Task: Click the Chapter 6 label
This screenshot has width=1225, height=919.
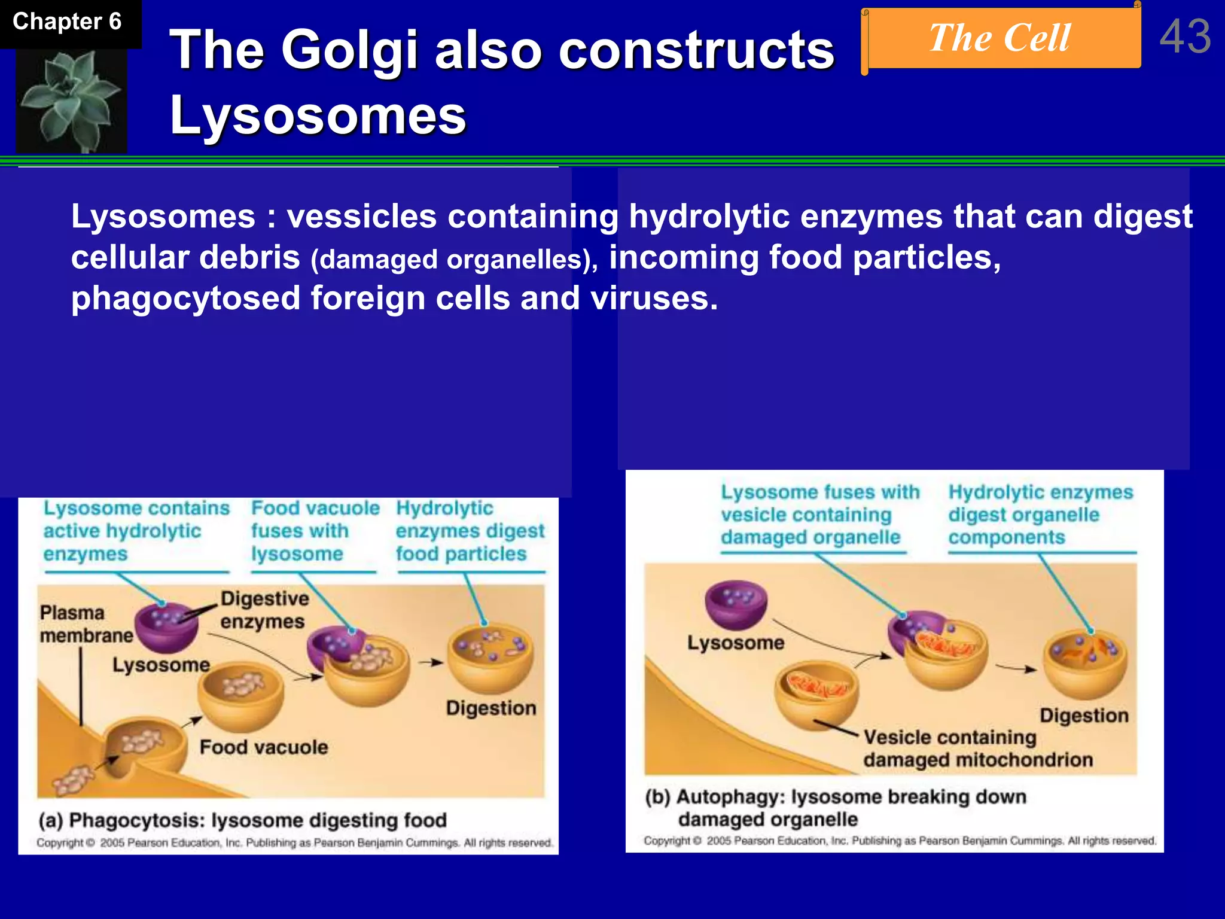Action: pyautogui.click(x=67, y=22)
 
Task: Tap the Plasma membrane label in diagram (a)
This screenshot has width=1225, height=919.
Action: pyautogui.click(x=86, y=624)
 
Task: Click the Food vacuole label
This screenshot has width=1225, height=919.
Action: pyautogui.click(x=263, y=747)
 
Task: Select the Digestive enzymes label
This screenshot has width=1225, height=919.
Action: pyautogui.click(x=264, y=610)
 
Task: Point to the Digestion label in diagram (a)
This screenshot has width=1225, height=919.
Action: pyautogui.click(x=490, y=708)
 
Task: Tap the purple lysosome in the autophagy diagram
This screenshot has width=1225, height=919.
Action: pyautogui.click(x=736, y=604)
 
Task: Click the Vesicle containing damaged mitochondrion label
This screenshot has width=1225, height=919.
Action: pyautogui.click(x=977, y=748)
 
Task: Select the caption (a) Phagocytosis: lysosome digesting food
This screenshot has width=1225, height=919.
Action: pyautogui.click(x=242, y=820)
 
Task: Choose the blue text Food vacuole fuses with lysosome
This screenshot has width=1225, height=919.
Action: pyautogui.click(x=315, y=531)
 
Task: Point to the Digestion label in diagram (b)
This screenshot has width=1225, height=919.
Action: pyautogui.click(x=1083, y=716)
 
